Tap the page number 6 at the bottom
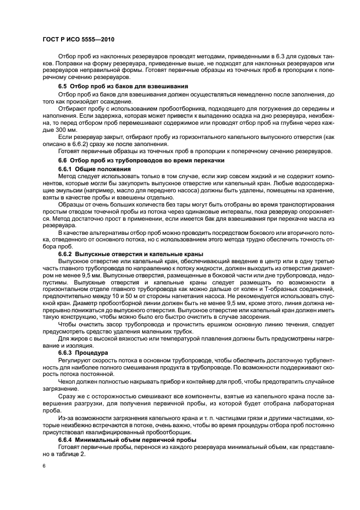(44, 466)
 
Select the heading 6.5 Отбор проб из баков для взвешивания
(123, 87)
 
